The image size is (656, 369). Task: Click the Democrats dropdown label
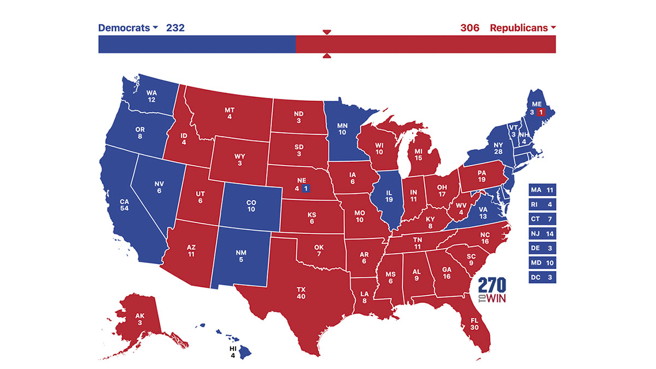point(127,28)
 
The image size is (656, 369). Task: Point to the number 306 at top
point(470,28)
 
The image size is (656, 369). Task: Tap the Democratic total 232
point(175,28)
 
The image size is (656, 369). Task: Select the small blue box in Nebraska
point(306,189)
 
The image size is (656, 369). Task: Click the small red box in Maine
point(541,112)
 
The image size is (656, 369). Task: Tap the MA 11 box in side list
point(542,190)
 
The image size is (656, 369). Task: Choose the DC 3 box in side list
point(542,278)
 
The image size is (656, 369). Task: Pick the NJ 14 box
point(542,234)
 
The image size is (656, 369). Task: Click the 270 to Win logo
point(492,292)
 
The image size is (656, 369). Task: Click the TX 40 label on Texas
point(301,292)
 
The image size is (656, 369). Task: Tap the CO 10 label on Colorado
point(251,205)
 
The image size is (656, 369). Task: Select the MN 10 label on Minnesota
point(342,127)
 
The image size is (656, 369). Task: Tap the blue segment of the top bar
point(197,44)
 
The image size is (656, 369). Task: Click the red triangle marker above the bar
point(327,32)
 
